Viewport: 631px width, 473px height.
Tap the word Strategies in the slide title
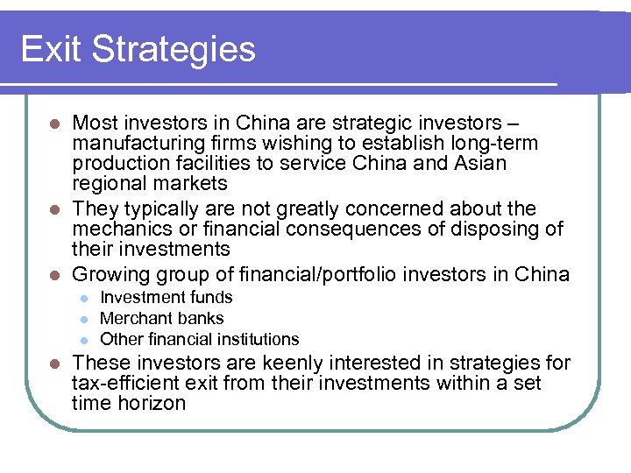(186, 51)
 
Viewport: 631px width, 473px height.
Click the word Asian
(479, 163)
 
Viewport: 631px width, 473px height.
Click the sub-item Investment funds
(167, 298)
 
